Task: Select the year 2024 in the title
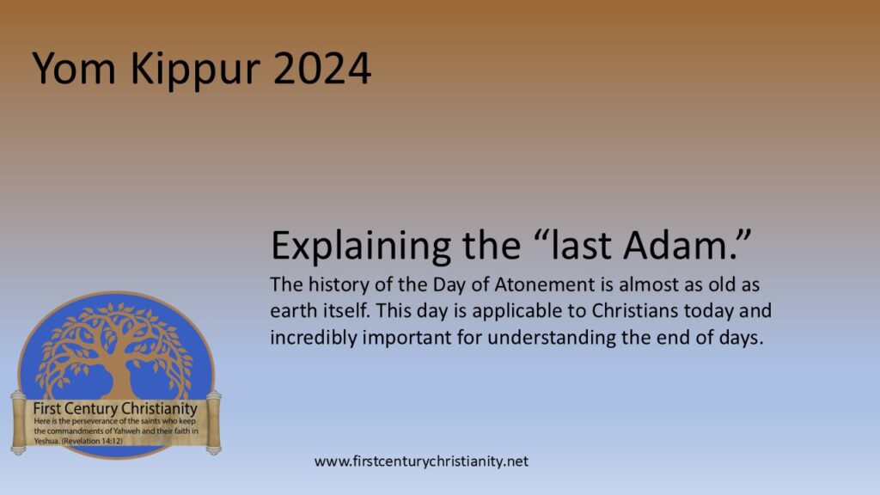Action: click(323, 68)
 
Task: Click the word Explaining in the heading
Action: click(359, 247)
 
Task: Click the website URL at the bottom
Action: click(421, 461)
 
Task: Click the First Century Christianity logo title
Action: click(115, 408)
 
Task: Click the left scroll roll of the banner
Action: click(17, 421)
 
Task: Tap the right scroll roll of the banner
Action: click(213, 421)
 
